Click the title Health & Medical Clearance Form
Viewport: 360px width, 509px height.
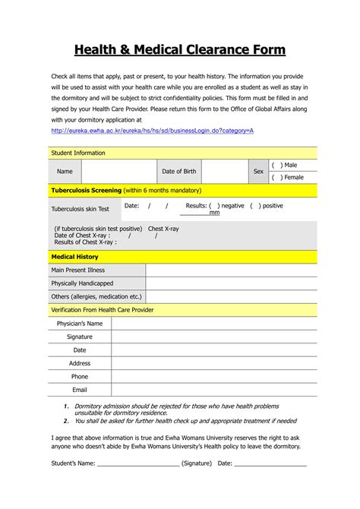pos(179,50)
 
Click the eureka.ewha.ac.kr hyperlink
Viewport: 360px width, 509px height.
pos(152,131)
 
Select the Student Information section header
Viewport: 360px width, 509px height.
pos(77,153)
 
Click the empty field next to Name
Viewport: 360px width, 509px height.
pos(117,172)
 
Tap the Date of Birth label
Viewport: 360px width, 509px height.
pos(178,172)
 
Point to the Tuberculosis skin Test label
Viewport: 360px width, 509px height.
pos(80,209)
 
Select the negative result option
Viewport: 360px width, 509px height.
pos(214,206)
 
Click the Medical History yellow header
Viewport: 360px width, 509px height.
pos(74,257)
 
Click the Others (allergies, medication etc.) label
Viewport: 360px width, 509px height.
pos(96,296)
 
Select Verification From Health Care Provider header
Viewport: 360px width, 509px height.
pos(102,310)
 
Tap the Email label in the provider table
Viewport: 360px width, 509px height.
pos(80,390)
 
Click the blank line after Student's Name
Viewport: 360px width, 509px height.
pos(134,463)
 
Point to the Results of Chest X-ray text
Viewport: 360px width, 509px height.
pos(85,242)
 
